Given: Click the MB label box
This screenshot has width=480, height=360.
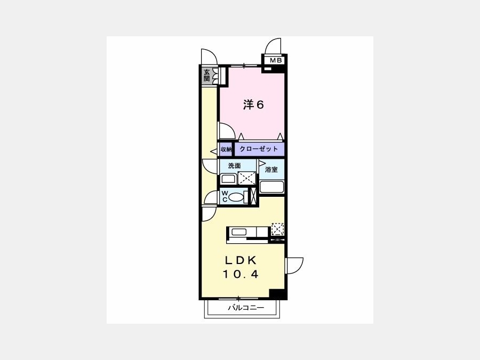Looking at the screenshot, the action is click(276, 60).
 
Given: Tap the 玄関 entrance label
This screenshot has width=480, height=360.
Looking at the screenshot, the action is click(206, 75).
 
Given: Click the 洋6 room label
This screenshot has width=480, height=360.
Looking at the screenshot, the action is click(253, 105).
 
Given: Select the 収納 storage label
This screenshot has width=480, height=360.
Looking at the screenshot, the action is click(226, 149).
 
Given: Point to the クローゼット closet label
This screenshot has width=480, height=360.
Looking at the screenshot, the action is click(259, 149).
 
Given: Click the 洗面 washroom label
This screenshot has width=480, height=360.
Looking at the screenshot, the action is click(234, 166).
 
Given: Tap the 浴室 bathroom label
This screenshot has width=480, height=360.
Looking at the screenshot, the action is click(271, 169).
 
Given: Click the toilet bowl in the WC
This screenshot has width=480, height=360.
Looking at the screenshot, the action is click(236, 196).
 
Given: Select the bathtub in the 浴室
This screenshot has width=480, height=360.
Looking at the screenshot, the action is click(272, 187).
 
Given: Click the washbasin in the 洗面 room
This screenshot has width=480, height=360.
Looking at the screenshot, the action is click(228, 179).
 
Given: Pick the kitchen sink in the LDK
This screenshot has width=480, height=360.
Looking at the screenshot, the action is click(239, 232).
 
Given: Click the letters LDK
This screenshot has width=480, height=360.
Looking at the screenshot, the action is click(241, 260).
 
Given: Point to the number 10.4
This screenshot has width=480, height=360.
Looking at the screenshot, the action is click(241, 274).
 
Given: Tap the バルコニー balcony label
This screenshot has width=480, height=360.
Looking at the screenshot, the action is click(245, 307).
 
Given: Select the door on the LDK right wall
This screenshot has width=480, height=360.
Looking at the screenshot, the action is click(294, 266).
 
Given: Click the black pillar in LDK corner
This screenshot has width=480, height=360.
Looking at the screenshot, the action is click(277, 293).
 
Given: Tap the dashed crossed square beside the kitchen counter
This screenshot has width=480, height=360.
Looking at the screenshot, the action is click(278, 229).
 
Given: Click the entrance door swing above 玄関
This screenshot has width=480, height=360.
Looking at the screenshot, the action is click(209, 57).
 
